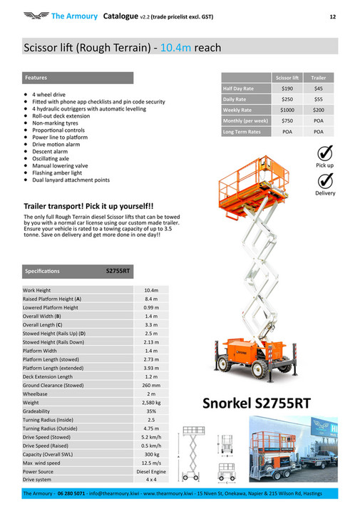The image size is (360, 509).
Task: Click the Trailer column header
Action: click(318, 76)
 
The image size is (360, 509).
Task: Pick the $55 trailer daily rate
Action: click(318, 99)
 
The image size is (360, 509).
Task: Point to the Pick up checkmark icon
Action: click(324, 153)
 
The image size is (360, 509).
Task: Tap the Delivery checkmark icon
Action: click(324, 181)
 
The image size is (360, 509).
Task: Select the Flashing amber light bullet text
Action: click(57, 173)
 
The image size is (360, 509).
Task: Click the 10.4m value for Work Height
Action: click(150, 290)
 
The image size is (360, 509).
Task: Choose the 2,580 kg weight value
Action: click(150, 403)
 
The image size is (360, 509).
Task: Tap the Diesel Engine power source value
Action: click(150, 471)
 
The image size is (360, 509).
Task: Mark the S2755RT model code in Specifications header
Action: click(118, 271)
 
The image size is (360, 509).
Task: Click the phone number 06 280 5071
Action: click(72, 493)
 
